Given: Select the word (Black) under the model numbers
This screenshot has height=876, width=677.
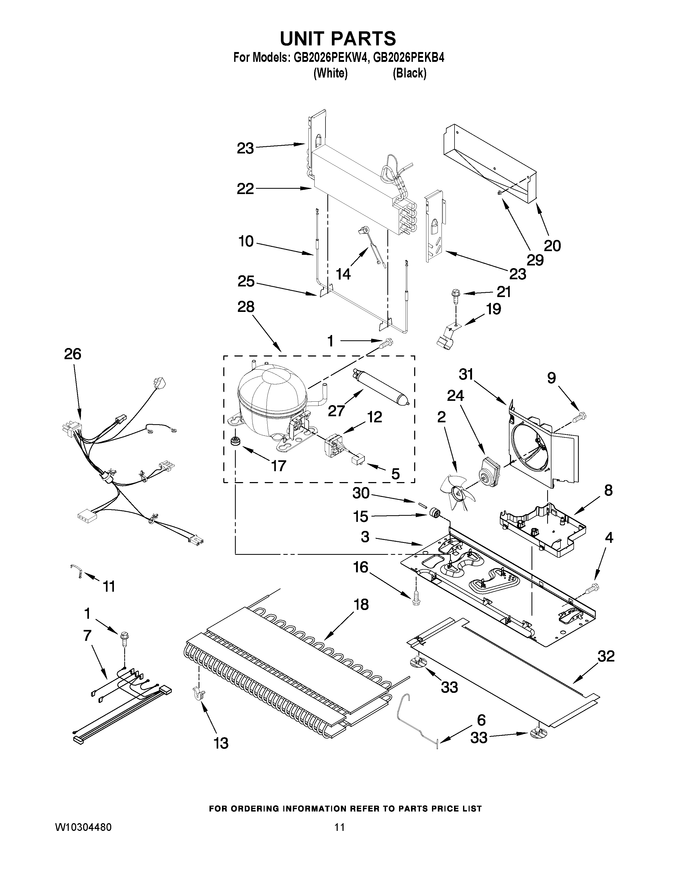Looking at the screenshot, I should click(x=409, y=74).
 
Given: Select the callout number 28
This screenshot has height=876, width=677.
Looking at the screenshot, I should click(x=246, y=307).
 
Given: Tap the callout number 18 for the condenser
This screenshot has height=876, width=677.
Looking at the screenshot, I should click(x=361, y=604).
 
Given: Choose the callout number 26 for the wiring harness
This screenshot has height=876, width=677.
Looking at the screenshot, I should click(x=72, y=354).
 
